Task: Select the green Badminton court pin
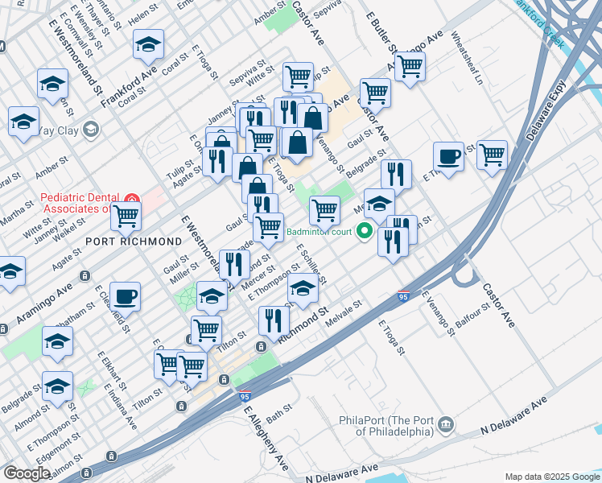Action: [x=364, y=233]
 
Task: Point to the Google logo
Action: [x=27, y=473]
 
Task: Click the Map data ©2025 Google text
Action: [x=551, y=477]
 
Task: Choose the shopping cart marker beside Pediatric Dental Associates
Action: [x=126, y=215]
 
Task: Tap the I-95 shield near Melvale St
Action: [x=404, y=297]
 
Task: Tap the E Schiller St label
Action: [x=311, y=265]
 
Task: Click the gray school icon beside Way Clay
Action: [x=90, y=129]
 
